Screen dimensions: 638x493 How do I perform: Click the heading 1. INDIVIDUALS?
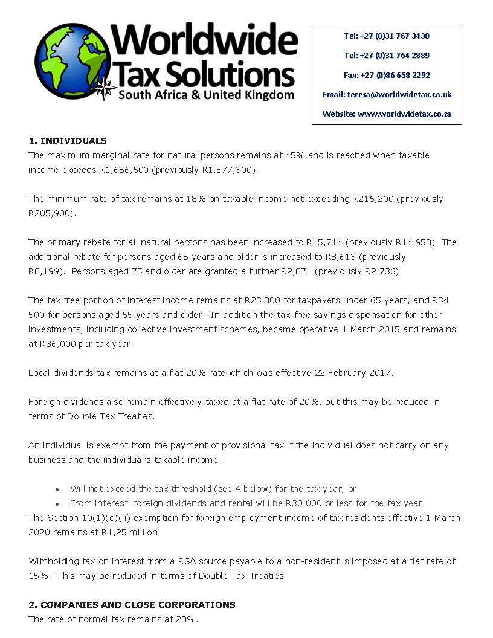(x=67, y=141)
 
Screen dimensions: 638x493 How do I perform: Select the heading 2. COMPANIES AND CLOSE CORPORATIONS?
(x=132, y=605)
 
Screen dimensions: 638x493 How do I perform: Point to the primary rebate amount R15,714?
(x=326, y=242)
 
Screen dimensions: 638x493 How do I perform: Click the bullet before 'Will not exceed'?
(x=57, y=489)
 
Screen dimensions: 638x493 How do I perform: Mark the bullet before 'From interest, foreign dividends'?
(x=57, y=504)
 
